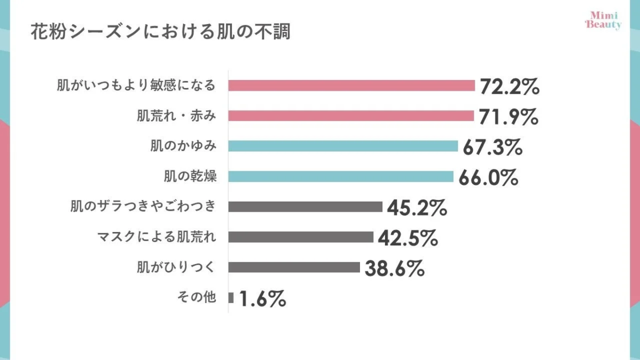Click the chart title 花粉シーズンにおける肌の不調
pos(159,31)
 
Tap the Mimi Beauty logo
pos(603,20)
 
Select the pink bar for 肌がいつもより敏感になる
pos(351,85)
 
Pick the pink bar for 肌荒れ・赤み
pos(351,116)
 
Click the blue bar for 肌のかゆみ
pos(343,146)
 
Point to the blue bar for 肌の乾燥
pos(341,177)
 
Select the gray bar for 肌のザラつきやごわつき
pos(305,206)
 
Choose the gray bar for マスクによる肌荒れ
pos(301,237)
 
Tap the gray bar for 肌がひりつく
pos(294,267)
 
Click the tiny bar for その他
pos(231,298)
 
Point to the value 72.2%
pos(510,86)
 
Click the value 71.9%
pos(508,117)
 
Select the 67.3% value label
pos(492,147)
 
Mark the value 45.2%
pos(417,207)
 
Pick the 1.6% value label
pos(263,299)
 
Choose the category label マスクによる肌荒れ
pos(157,237)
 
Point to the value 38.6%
pos(395,268)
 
